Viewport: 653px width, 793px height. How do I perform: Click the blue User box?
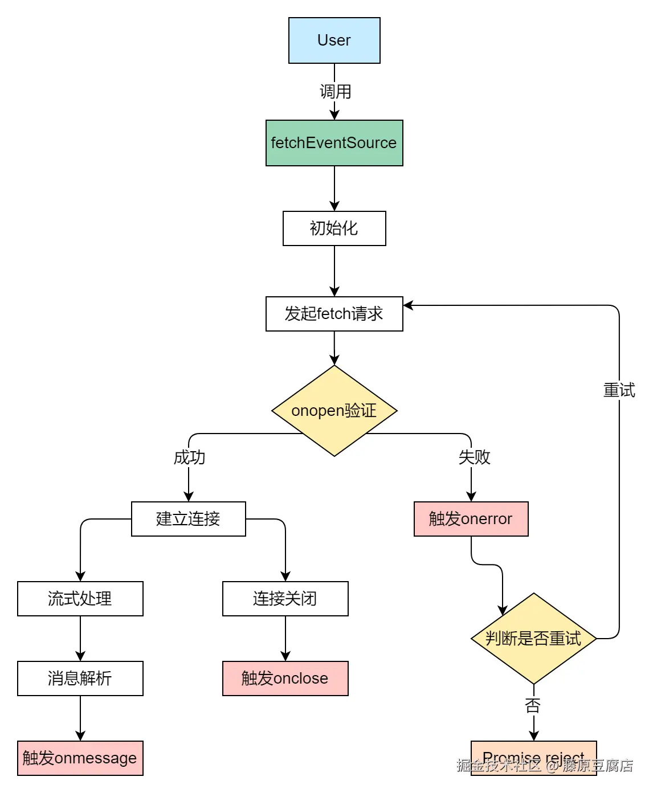pyautogui.click(x=334, y=40)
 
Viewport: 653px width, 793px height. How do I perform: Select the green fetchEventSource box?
pyautogui.click(x=334, y=143)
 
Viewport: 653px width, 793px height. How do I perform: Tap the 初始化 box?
pyautogui.click(x=334, y=228)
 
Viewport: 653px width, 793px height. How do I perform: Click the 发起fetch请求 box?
pyautogui.click(x=334, y=314)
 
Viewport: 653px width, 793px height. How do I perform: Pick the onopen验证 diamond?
pyautogui.click(x=334, y=411)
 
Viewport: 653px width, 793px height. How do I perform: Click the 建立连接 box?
pyautogui.click(x=188, y=519)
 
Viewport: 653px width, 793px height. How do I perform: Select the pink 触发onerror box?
pyautogui.click(x=471, y=519)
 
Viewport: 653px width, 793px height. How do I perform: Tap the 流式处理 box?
pyautogui.click(x=80, y=599)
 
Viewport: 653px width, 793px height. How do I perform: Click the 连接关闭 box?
pyautogui.click(x=285, y=599)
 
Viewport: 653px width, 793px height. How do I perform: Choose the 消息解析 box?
pyautogui.click(x=80, y=678)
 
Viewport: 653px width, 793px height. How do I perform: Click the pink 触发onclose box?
pyautogui.click(x=285, y=678)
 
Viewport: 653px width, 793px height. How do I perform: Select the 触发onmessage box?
pyautogui.click(x=80, y=758)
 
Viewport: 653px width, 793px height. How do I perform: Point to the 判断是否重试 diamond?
pyautogui.click(x=533, y=639)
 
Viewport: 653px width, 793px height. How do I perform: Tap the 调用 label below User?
pyautogui.click(x=335, y=92)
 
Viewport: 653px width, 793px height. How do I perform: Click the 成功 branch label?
pyautogui.click(x=189, y=457)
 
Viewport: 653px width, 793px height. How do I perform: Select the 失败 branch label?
pyautogui.click(x=474, y=457)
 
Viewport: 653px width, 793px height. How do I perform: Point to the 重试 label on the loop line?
pyautogui.click(x=619, y=390)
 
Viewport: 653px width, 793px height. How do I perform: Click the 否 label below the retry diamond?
pyautogui.click(x=533, y=706)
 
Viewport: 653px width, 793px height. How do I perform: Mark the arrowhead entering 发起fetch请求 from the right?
pyautogui.click(x=408, y=305)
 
